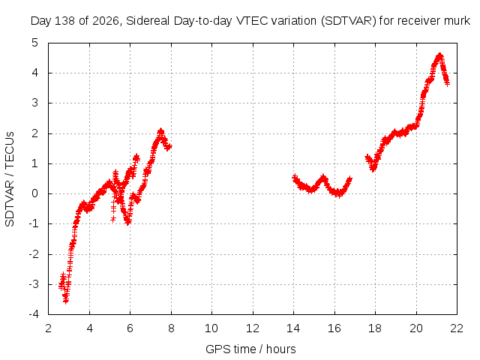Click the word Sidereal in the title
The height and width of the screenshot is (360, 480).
point(148,21)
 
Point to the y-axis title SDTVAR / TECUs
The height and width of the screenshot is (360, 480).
point(10,179)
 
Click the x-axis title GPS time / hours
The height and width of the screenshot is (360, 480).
point(250,349)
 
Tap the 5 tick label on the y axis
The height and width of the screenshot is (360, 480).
point(35,43)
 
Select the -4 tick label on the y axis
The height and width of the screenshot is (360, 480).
point(34,314)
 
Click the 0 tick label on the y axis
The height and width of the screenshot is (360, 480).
point(35,193)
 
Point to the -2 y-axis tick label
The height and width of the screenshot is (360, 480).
point(34,254)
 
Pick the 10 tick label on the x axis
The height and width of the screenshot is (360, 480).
point(211,328)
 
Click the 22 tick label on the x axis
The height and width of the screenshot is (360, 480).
point(457,328)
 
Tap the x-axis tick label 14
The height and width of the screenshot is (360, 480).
point(293,328)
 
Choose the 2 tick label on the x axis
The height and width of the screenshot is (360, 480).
point(48,328)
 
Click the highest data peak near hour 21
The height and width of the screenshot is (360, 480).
point(440,55)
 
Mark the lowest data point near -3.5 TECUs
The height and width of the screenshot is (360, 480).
point(66,301)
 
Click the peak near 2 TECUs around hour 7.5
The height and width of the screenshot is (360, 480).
point(161,131)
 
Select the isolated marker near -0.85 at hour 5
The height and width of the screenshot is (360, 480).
point(113,219)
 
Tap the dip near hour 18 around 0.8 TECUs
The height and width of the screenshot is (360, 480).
point(373,169)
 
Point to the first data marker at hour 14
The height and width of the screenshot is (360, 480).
point(295,177)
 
